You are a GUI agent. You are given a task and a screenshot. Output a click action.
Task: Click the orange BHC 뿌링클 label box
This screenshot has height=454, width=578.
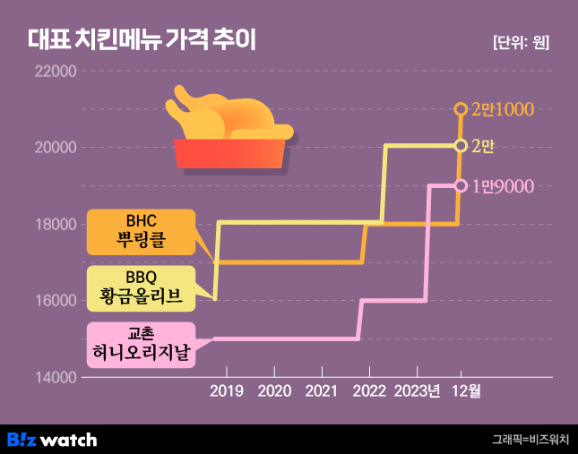[x=141, y=232]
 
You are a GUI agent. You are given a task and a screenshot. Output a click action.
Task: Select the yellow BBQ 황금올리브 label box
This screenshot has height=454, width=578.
[x=141, y=287]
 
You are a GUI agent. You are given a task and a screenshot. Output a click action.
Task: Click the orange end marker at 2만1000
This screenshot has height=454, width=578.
[x=461, y=109]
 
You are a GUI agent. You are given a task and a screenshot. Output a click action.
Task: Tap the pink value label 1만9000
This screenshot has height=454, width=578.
[x=504, y=186]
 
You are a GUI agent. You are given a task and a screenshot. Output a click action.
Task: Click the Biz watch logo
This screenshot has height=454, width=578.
[x=52, y=439]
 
